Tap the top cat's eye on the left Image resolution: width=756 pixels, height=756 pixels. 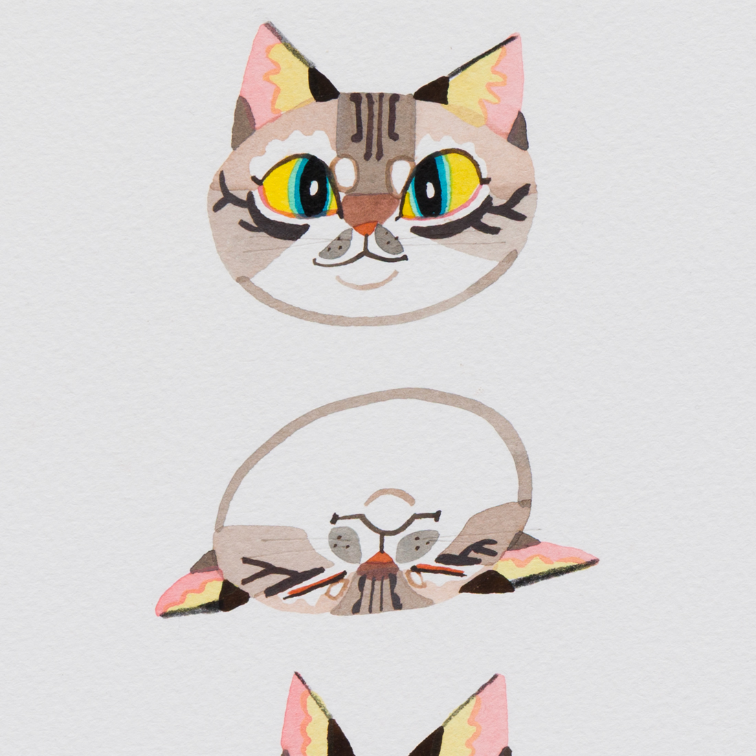point(302,185)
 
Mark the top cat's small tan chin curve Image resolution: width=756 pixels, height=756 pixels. point(367,282)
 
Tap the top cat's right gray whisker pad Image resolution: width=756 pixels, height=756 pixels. point(388,241)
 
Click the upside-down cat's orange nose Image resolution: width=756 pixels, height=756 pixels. point(374,562)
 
